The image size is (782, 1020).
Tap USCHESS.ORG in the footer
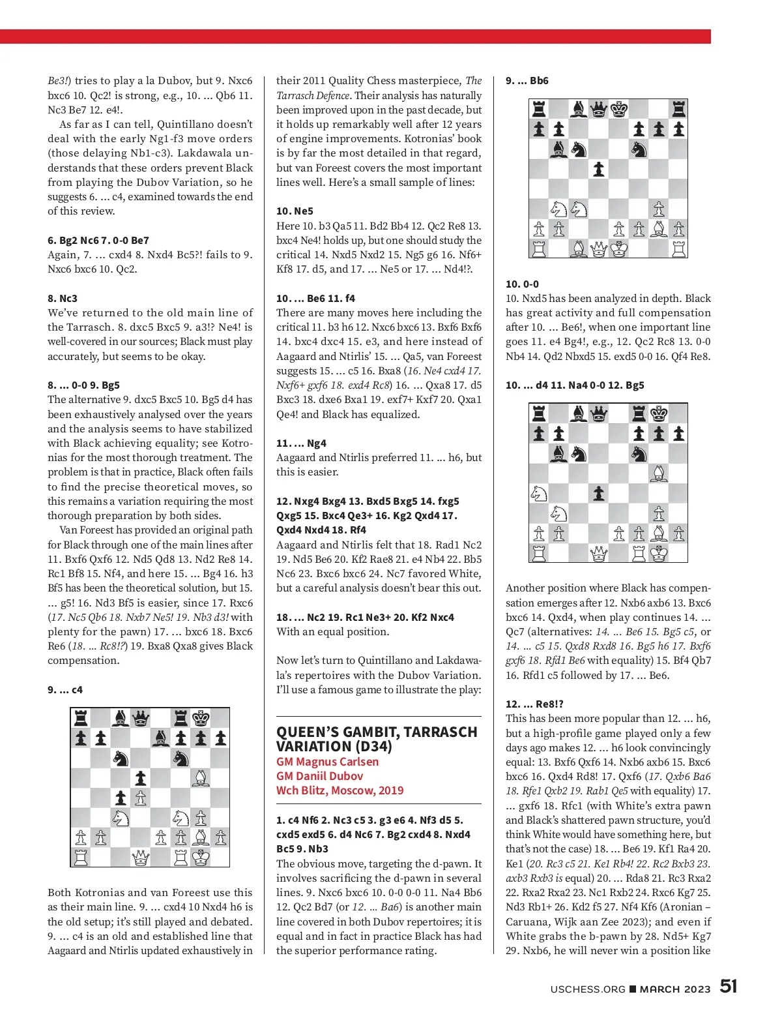pos(587,989)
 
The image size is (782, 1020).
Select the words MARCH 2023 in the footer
pos(675,989)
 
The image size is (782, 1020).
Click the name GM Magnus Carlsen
pos(327,761)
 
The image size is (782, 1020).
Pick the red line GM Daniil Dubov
pos(319,775)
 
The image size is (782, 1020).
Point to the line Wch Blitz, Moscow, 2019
pos(340,790)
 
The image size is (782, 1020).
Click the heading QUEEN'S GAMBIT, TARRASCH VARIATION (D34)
pos(377,739)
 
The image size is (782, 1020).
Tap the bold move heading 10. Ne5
pos(295,211)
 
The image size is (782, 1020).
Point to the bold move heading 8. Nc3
pos(63,298)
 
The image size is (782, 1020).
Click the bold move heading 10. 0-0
pos(522,284)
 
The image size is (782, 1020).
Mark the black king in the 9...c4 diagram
pos(201,718)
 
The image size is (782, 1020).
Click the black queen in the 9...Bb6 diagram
pos(598,109)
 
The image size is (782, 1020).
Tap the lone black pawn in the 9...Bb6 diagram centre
pos(598,169)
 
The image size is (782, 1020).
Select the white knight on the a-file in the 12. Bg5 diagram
pos(539,494)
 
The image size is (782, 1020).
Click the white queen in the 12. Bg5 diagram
pos(598,554)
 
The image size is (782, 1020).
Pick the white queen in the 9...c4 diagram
pos(140,857)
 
